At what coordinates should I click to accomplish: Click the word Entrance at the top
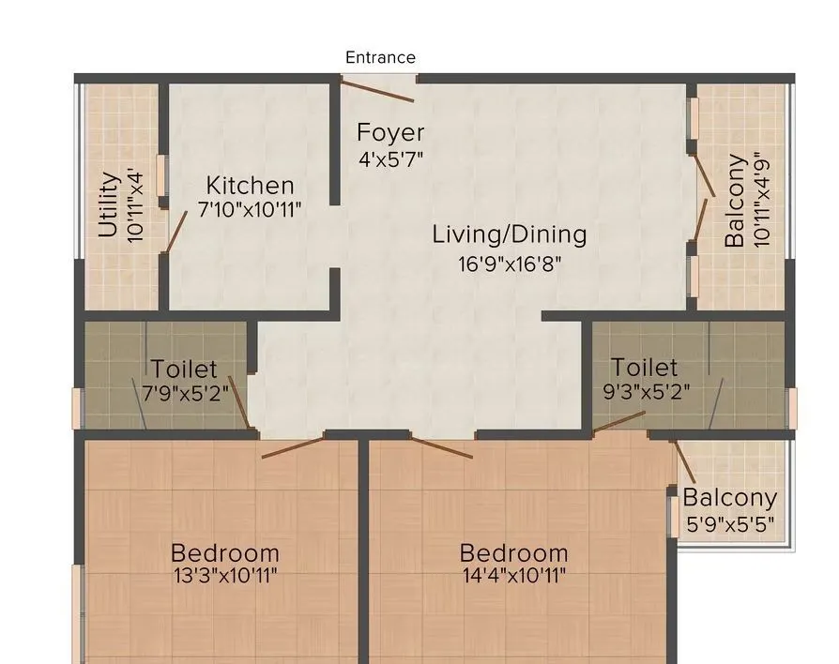coord(380,57)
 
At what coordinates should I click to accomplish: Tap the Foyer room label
coord(390,133)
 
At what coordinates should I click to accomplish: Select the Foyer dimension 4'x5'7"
coord(390,158)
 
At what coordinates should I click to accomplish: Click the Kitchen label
coord(250,185)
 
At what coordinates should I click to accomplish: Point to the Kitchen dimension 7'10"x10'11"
coord(250,209)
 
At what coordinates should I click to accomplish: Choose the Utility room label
coord(109,204)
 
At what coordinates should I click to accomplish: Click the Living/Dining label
coord(509,234)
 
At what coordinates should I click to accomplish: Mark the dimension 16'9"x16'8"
coord(509,264)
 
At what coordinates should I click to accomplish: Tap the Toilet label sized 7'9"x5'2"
coord(184,370)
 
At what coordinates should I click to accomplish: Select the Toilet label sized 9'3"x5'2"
coord(644,367)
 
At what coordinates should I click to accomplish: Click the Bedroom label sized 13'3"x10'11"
coord(224,552)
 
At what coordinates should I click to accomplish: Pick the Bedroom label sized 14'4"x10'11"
coord(513,552)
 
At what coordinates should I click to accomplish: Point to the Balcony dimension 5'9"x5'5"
coord(729,524)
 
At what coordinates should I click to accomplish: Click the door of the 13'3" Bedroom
coord(293,446)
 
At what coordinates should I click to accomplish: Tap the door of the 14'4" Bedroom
coord(441,447)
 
